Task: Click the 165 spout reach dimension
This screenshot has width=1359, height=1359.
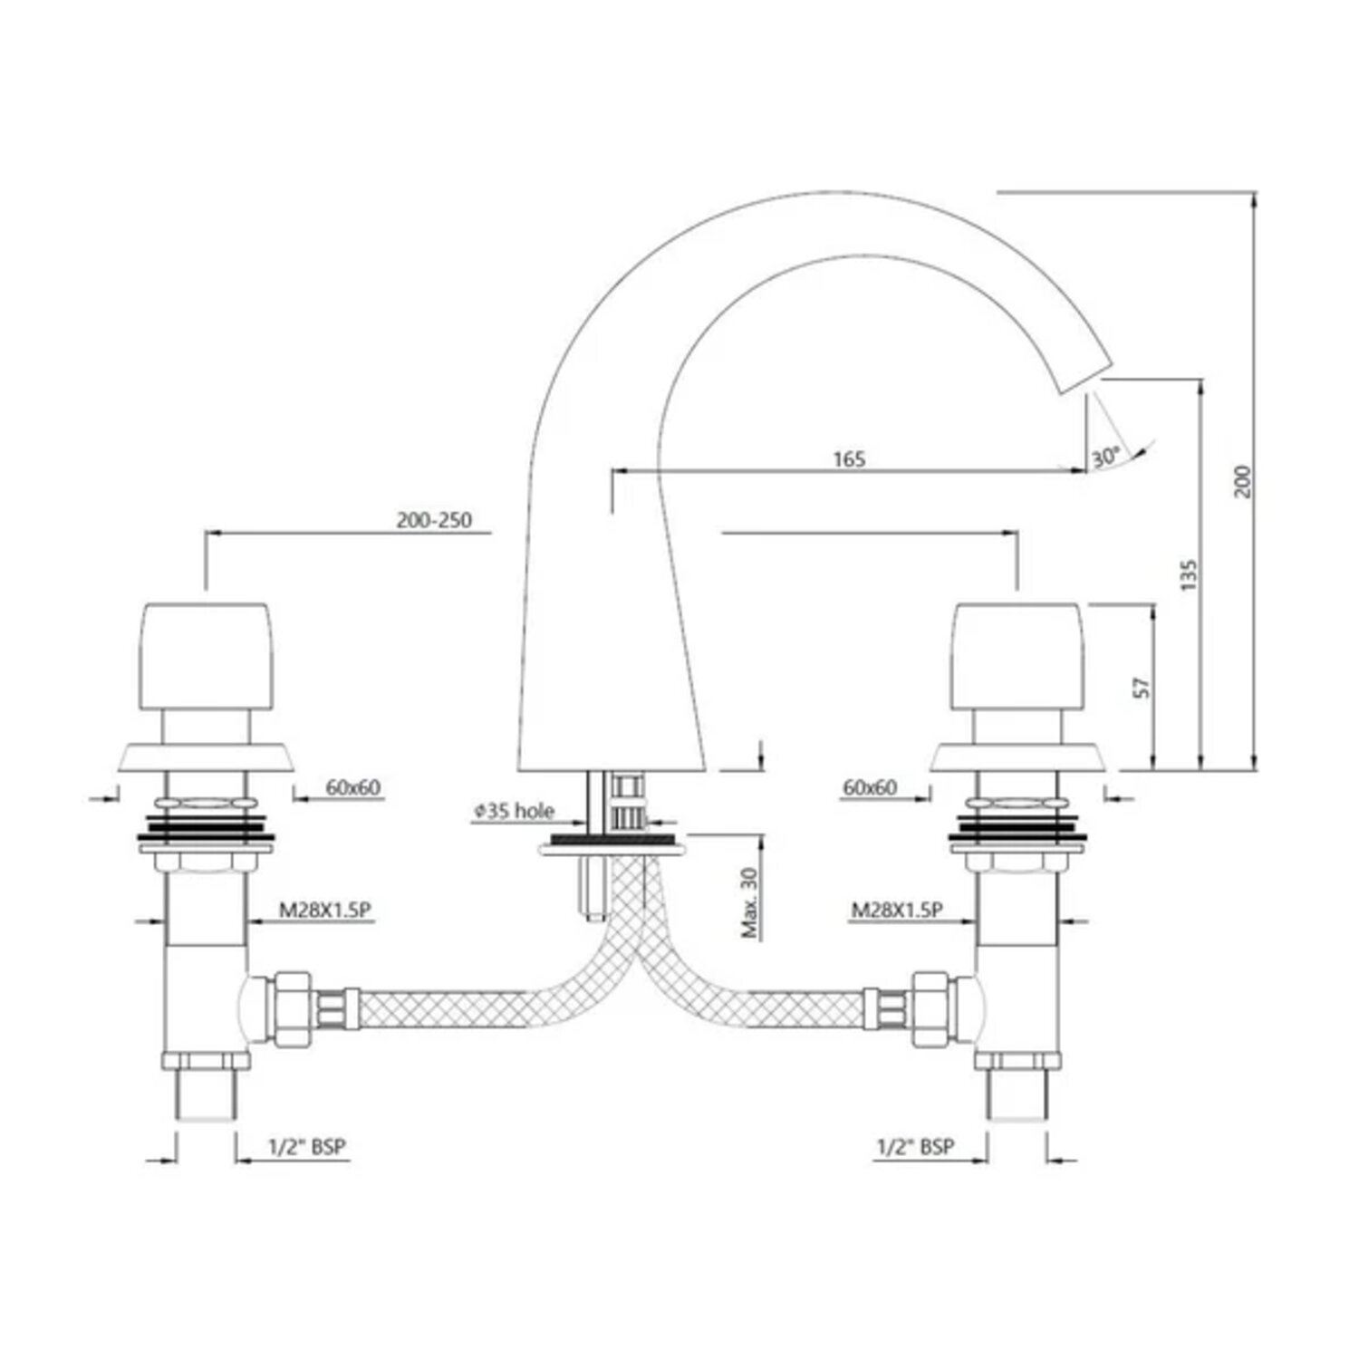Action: click(x=849, y=459)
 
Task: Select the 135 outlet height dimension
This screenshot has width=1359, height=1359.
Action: click(x=1189, y=575)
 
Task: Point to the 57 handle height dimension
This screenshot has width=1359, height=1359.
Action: click(x=1142, y=686)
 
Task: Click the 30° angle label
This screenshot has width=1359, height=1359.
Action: click(x=1105, y=458)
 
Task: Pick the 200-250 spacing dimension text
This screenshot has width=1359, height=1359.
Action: click(x=434, y=521)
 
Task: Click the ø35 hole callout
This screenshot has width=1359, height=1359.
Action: click(x=513, y=811)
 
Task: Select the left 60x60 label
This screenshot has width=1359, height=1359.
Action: click(x=353, y=787)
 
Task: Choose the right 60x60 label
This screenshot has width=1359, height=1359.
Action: click(x=870, y=787)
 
